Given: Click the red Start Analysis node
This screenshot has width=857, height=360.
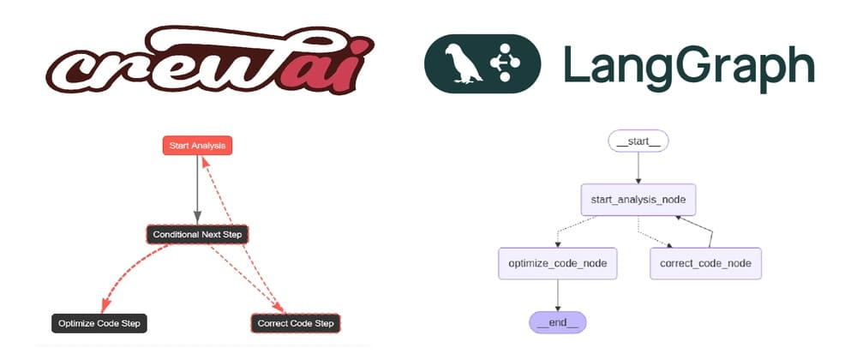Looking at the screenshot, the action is [197, 146].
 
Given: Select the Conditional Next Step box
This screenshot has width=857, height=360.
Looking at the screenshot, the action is [197, 235].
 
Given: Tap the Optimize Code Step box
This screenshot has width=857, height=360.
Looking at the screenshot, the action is [99, 323].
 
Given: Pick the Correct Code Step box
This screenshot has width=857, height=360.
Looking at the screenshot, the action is [295, 323].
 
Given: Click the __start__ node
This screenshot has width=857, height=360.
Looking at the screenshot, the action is [638, 141].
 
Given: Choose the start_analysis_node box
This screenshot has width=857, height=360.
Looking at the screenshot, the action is [638, 200].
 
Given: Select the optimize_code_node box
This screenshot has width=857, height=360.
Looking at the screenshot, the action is [558, 263].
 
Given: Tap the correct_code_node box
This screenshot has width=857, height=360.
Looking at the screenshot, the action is [705, 263].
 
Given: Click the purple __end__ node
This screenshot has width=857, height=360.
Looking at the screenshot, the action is [558, 322].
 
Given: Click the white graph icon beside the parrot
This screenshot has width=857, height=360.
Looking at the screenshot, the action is [505, 63].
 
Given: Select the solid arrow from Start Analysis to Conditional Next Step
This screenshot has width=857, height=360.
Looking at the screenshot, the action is [197, 189].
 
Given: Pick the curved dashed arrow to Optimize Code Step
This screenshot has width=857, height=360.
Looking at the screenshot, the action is [129, 274].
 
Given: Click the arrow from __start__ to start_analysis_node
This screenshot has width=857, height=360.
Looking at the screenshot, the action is [638, 168].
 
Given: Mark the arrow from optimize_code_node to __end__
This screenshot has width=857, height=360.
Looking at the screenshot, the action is [558, 296].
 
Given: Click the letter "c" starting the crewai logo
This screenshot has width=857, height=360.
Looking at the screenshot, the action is [71, 72].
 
